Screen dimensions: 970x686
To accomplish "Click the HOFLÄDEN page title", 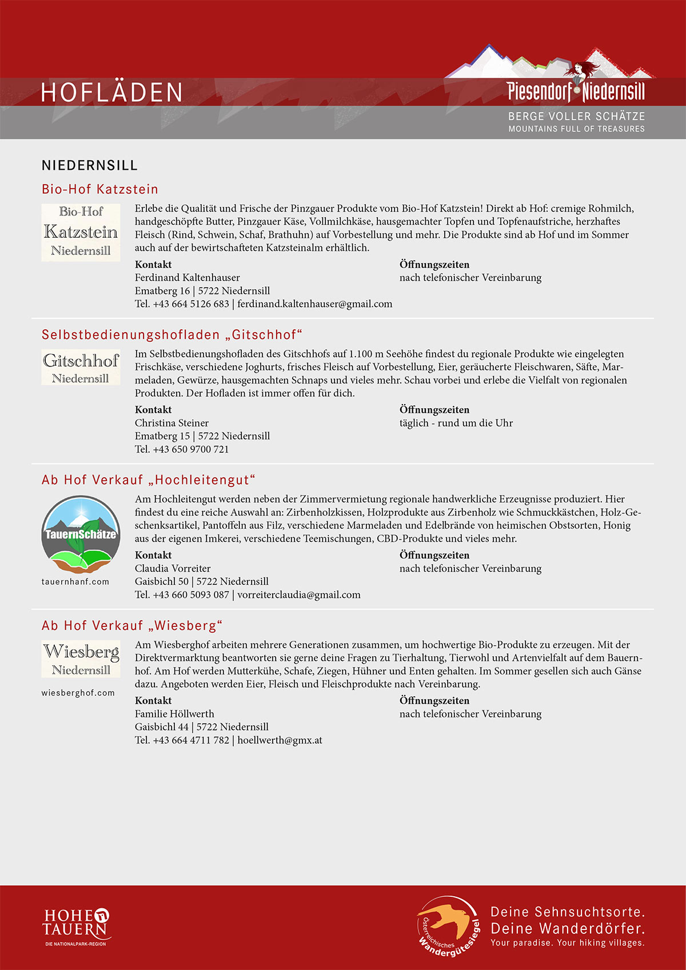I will pos(112,93).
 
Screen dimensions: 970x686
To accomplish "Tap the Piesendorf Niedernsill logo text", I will pos(576,91).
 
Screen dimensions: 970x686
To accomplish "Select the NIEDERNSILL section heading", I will pos(90,166).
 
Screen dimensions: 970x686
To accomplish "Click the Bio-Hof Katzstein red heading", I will pos(100,189).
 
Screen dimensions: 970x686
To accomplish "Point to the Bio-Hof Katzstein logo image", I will pos(81,232).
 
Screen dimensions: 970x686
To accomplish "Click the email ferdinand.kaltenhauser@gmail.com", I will pos(315,304).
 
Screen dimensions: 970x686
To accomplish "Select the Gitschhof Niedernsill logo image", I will pos(81,367).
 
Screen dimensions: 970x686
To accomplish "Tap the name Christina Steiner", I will pos(171,423).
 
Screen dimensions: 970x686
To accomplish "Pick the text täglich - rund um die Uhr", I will pos(456,423).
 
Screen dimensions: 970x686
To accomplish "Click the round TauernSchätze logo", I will pos(81,534).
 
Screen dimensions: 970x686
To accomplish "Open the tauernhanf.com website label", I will pos(75,582).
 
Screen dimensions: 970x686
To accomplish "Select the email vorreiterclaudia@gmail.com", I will pos(299,595).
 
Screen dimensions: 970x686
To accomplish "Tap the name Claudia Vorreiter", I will pos(173,569).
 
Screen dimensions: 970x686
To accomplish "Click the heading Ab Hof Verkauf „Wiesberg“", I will pos(132,626).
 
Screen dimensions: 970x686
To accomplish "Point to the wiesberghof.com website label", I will pos(78,693).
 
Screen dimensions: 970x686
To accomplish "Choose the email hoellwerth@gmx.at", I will pos(280,740).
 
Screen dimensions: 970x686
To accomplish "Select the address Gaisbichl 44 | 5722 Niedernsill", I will pos(202,727).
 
